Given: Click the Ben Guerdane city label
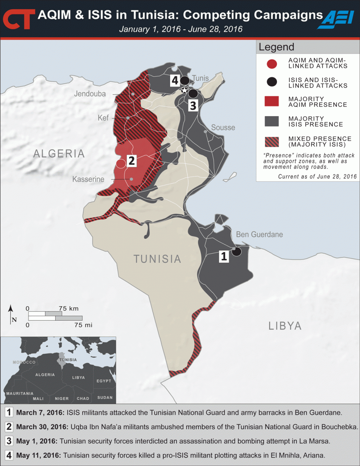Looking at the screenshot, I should pyautogui.click(x=259, y=235).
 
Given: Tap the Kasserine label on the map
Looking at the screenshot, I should pyautogui.click(x=88, y=179).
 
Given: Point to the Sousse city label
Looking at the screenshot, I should pyautogui.click(x=223, y=127).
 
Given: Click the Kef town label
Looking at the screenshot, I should pyautogui.click(x=103, y=118).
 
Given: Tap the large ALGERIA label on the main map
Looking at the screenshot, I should pyautogui.click(x=59, y=153).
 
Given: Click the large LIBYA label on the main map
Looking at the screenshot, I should pyautogui.click(x=285, y=325).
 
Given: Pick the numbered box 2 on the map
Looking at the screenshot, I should pyautogui.click(x=132, y=161).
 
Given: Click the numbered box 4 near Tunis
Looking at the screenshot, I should pyautogui.click(x=174, y=80).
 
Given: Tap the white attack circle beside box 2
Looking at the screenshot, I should pyautogui.click(x=121, y=163).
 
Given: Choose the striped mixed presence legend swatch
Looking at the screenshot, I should pyautogui.click(x=272, y=142).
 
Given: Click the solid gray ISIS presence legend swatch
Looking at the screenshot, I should pyautogui.click(x=272, y=122).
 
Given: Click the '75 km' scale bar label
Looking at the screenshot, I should pyautogui.click(x=69, y=309).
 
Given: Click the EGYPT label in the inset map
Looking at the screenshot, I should pyautogui.click(x=103, y=381).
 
